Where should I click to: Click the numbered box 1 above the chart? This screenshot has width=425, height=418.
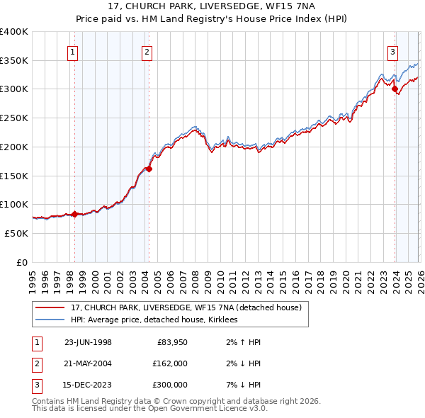(x=74, y=51)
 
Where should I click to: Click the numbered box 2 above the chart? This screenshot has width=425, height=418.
(x=147, y=51)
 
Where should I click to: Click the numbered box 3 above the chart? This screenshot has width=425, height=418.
(x=392, y=51)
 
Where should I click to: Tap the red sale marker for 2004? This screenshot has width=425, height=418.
(x=149, y=169)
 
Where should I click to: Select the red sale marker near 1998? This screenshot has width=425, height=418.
(x=74, y=213)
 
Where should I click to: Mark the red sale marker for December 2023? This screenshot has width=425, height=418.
(x=395, y=89)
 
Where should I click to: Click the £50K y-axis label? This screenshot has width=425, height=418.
(x=16, y=233)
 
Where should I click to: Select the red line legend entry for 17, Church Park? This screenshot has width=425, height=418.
(x=186, y=307)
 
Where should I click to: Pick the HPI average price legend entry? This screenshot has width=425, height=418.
(x=154, y=320)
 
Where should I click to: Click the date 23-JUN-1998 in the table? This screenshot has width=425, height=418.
(x=88, y=341)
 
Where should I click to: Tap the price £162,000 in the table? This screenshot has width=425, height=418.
(x=169, y=363)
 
